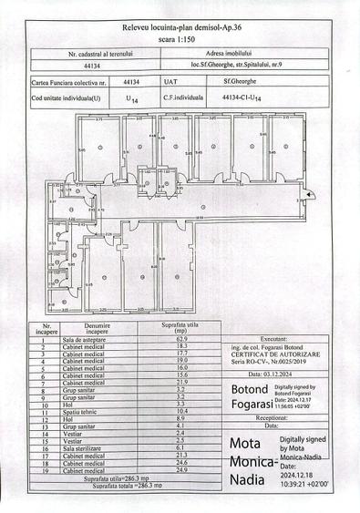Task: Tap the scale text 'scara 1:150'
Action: [x=181, y=41]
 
